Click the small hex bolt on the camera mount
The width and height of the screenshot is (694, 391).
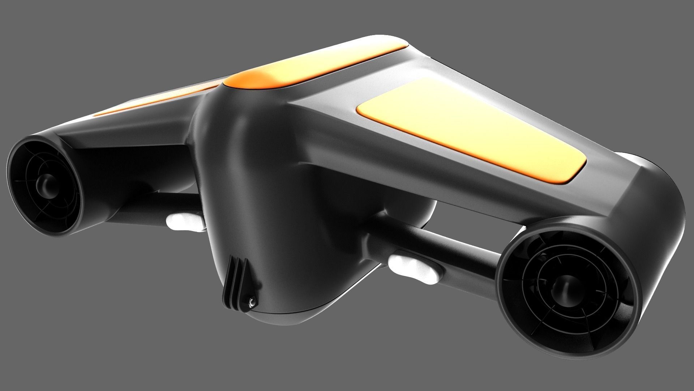point(252,301)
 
